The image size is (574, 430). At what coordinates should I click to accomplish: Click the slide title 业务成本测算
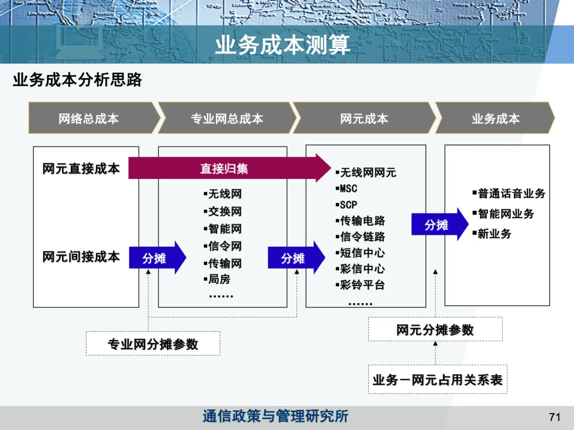[282, 45]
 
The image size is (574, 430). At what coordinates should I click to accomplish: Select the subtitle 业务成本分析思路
[78, 80]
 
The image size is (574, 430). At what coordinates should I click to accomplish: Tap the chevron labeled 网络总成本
[89, 118]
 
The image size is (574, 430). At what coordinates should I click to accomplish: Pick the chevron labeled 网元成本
[364, 118]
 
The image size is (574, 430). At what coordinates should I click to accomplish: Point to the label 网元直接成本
[81, 168]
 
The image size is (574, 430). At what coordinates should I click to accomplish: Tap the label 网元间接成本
[81, 256]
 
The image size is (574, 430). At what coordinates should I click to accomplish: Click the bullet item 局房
[218, 279]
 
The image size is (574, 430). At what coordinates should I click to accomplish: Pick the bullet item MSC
[348, 188]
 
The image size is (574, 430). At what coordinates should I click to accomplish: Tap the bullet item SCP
[348, 204]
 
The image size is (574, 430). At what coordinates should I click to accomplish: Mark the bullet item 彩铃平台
[362, 285]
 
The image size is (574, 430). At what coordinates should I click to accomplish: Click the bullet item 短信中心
[362, 253]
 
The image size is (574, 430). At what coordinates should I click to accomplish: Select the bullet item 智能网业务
[505, 213]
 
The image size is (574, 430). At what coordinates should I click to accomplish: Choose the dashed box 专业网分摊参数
[153, 343]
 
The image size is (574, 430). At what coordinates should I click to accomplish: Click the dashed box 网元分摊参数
[435, 330]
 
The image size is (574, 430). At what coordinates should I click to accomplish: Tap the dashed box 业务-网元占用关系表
[437, 380]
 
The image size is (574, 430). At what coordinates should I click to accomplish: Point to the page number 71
[554, 417]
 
